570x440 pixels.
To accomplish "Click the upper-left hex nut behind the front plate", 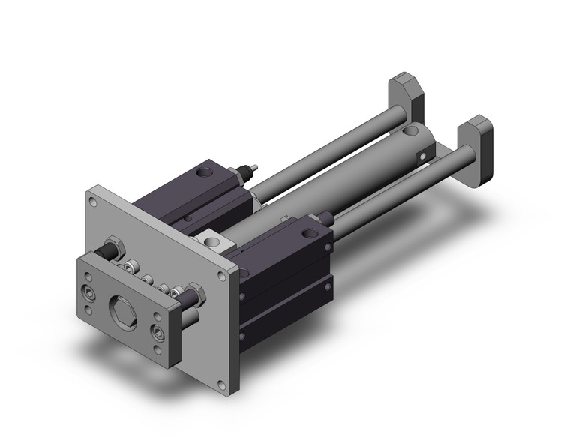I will (x=115, y=248).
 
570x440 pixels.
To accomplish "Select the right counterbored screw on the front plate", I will (x=158, y=331).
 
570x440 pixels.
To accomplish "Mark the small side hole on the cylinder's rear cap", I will (x=422, y=156).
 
